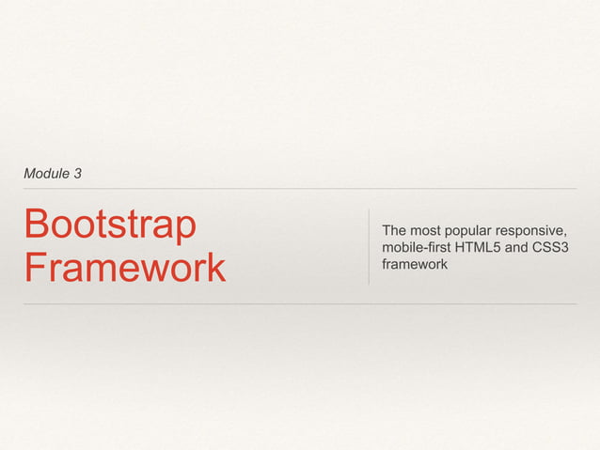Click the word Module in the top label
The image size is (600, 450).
coord(45,174)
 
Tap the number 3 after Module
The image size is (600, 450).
coord(77,174)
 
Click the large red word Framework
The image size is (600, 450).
coord(125,267)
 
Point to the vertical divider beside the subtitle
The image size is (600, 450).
coord(369,246)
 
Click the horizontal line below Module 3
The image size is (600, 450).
coord(300,189)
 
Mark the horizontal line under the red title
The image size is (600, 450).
coord(300,303)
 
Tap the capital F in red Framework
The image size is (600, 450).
coord(36,267)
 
